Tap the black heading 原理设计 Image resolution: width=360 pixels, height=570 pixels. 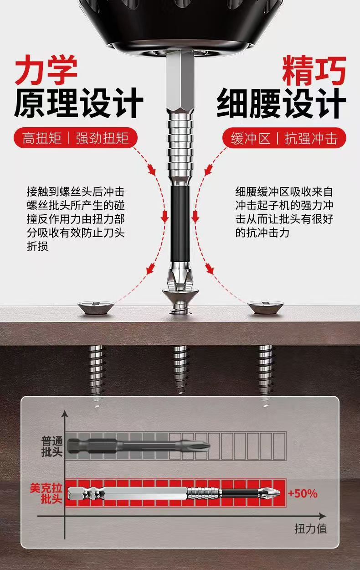click(78, 104)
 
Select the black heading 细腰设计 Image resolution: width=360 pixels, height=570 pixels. click(281, 104)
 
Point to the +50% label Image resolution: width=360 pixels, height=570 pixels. click(303, 493)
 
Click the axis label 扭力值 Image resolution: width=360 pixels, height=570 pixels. click(310, 529)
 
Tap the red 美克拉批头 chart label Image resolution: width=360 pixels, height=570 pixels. click(46, 493)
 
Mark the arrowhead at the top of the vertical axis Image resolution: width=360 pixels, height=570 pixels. click(65, 414)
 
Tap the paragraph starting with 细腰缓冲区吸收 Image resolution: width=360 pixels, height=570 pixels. click(284, 212)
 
